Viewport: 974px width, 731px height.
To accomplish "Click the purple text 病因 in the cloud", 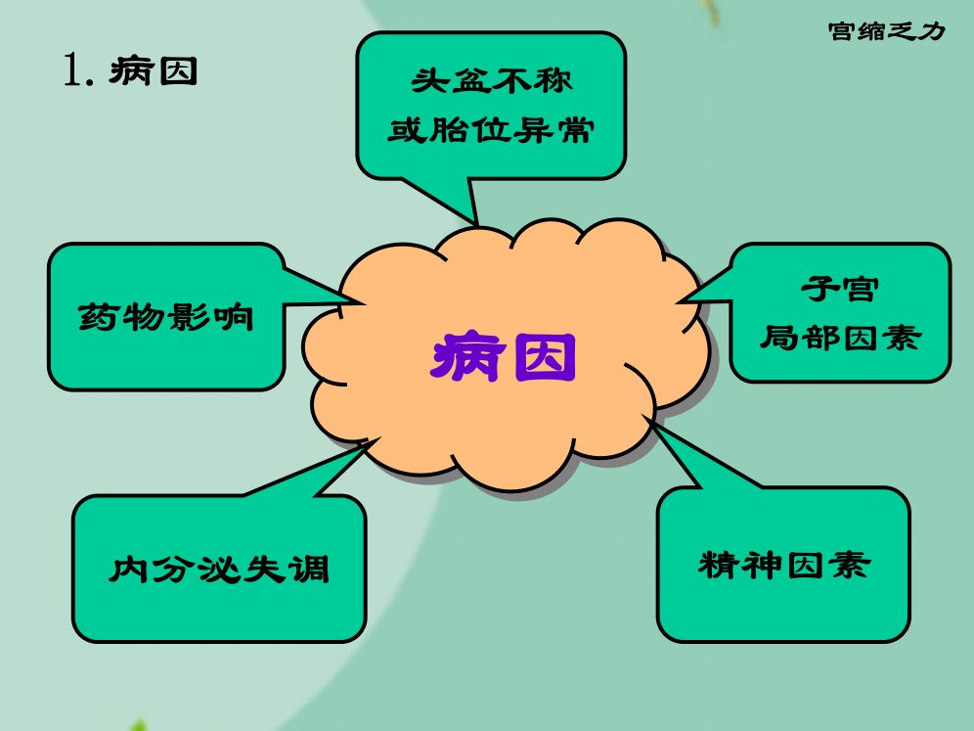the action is click(x=504, y=357).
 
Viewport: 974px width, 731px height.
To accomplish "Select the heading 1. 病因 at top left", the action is click(x=130, y=70).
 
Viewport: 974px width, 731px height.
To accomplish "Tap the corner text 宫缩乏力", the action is click(x=886, y=31).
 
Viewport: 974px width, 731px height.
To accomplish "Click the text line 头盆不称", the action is click(x=491, y=81).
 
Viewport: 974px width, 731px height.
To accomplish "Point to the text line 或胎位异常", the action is click(x=491, y=130).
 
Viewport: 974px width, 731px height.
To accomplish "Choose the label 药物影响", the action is click(x=166, y=317).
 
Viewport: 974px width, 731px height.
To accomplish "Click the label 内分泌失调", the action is click(x=219, y=569).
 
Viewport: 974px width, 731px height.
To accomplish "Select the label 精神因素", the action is click(x=784, y=565).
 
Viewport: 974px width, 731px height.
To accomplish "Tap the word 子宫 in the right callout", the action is click(x=840, y=289).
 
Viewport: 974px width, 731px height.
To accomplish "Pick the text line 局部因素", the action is click(x=840, y=339).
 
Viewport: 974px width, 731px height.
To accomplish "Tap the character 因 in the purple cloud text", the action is click(x=546, y=357).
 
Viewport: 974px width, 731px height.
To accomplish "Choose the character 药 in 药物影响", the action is click(x=99, y=317).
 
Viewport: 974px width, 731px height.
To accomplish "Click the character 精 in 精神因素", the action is click(x=718, y=565).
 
